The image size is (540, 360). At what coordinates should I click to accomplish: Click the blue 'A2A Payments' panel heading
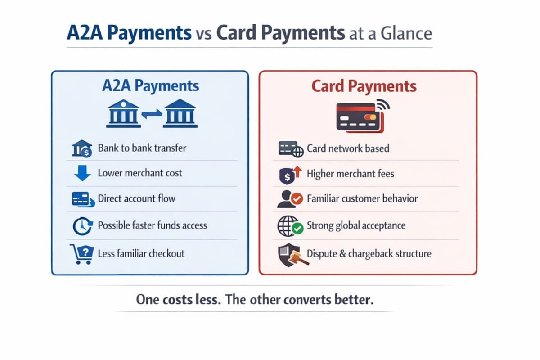[x=150, y=86]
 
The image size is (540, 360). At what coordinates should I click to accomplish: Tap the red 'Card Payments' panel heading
[x=364, y=86]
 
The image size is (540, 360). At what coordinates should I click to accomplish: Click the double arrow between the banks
[x=151, y=116]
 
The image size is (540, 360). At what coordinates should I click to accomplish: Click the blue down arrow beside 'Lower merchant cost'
[x=82, y=173]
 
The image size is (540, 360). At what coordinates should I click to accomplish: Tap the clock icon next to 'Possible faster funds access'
[x=82, y=226]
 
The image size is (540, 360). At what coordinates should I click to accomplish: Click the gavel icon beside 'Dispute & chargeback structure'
[x=288, y=255]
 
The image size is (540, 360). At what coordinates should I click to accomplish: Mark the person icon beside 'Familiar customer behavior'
[x=288, y=199]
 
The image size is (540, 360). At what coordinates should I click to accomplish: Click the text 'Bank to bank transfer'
[x=142, y=148]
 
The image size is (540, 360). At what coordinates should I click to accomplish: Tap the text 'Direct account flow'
[x=136, y=198]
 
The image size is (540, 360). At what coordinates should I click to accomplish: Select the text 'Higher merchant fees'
[x=350, y=173]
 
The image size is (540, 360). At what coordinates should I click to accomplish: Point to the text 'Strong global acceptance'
[x=356, y=225]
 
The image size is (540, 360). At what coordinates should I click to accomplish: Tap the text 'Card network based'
[x=348, y=148]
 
